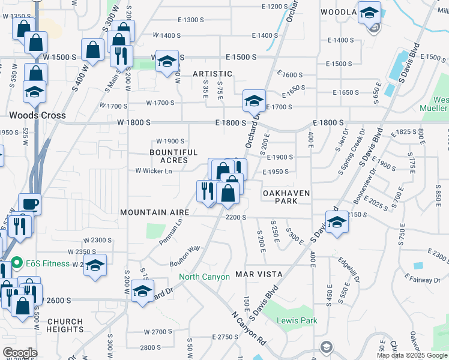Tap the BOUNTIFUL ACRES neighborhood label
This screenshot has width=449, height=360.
[173, 157]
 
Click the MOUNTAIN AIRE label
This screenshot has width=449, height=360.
[154, 212]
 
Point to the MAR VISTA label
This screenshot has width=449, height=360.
[259, 274]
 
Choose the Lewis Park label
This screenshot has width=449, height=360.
[297, 320]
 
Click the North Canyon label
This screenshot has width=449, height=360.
[204, 277]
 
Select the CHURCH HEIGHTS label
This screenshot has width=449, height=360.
[65, 325]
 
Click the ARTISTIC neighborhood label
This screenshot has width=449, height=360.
[212, 73]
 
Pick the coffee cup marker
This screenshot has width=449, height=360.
[29, 204]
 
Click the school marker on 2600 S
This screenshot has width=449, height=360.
[142, 291]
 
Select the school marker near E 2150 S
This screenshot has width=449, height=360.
[337, 222]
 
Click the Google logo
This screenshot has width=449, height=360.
[20, 353]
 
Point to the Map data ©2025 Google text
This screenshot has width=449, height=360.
[411, 355]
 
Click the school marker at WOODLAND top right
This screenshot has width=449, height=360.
[369, 12]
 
